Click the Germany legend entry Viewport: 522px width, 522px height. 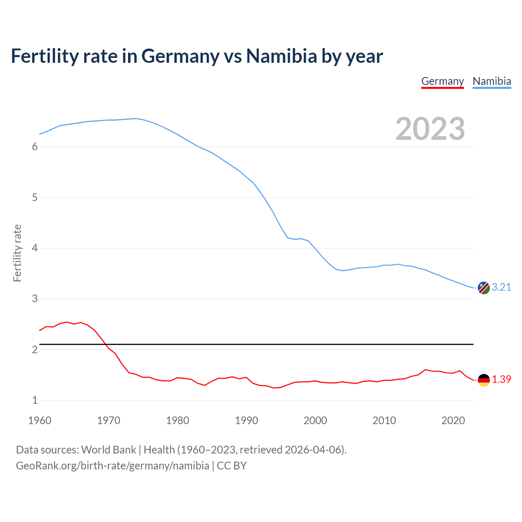442,81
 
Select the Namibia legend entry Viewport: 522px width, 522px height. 491,81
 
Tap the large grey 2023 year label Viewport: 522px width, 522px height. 430,129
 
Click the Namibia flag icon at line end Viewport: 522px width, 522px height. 484,288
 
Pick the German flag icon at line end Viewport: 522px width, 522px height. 484,380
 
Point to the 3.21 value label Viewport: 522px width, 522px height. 501,287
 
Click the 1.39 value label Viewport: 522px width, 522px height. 501,379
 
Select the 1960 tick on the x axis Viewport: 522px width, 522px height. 40,420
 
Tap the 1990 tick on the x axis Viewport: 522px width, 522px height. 246,420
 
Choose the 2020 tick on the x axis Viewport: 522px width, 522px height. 453,420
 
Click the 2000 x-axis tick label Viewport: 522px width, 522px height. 315,420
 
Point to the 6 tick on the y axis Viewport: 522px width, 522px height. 35,147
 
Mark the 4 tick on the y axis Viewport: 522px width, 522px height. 35,248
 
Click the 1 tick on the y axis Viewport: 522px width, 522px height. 35,400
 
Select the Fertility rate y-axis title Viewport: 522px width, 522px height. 17,253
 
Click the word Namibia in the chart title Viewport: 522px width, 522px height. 281,56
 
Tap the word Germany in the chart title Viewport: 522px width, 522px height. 180,56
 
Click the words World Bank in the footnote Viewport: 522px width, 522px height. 108,450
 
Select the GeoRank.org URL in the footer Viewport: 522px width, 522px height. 112,466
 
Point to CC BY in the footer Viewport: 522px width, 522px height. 232,466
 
